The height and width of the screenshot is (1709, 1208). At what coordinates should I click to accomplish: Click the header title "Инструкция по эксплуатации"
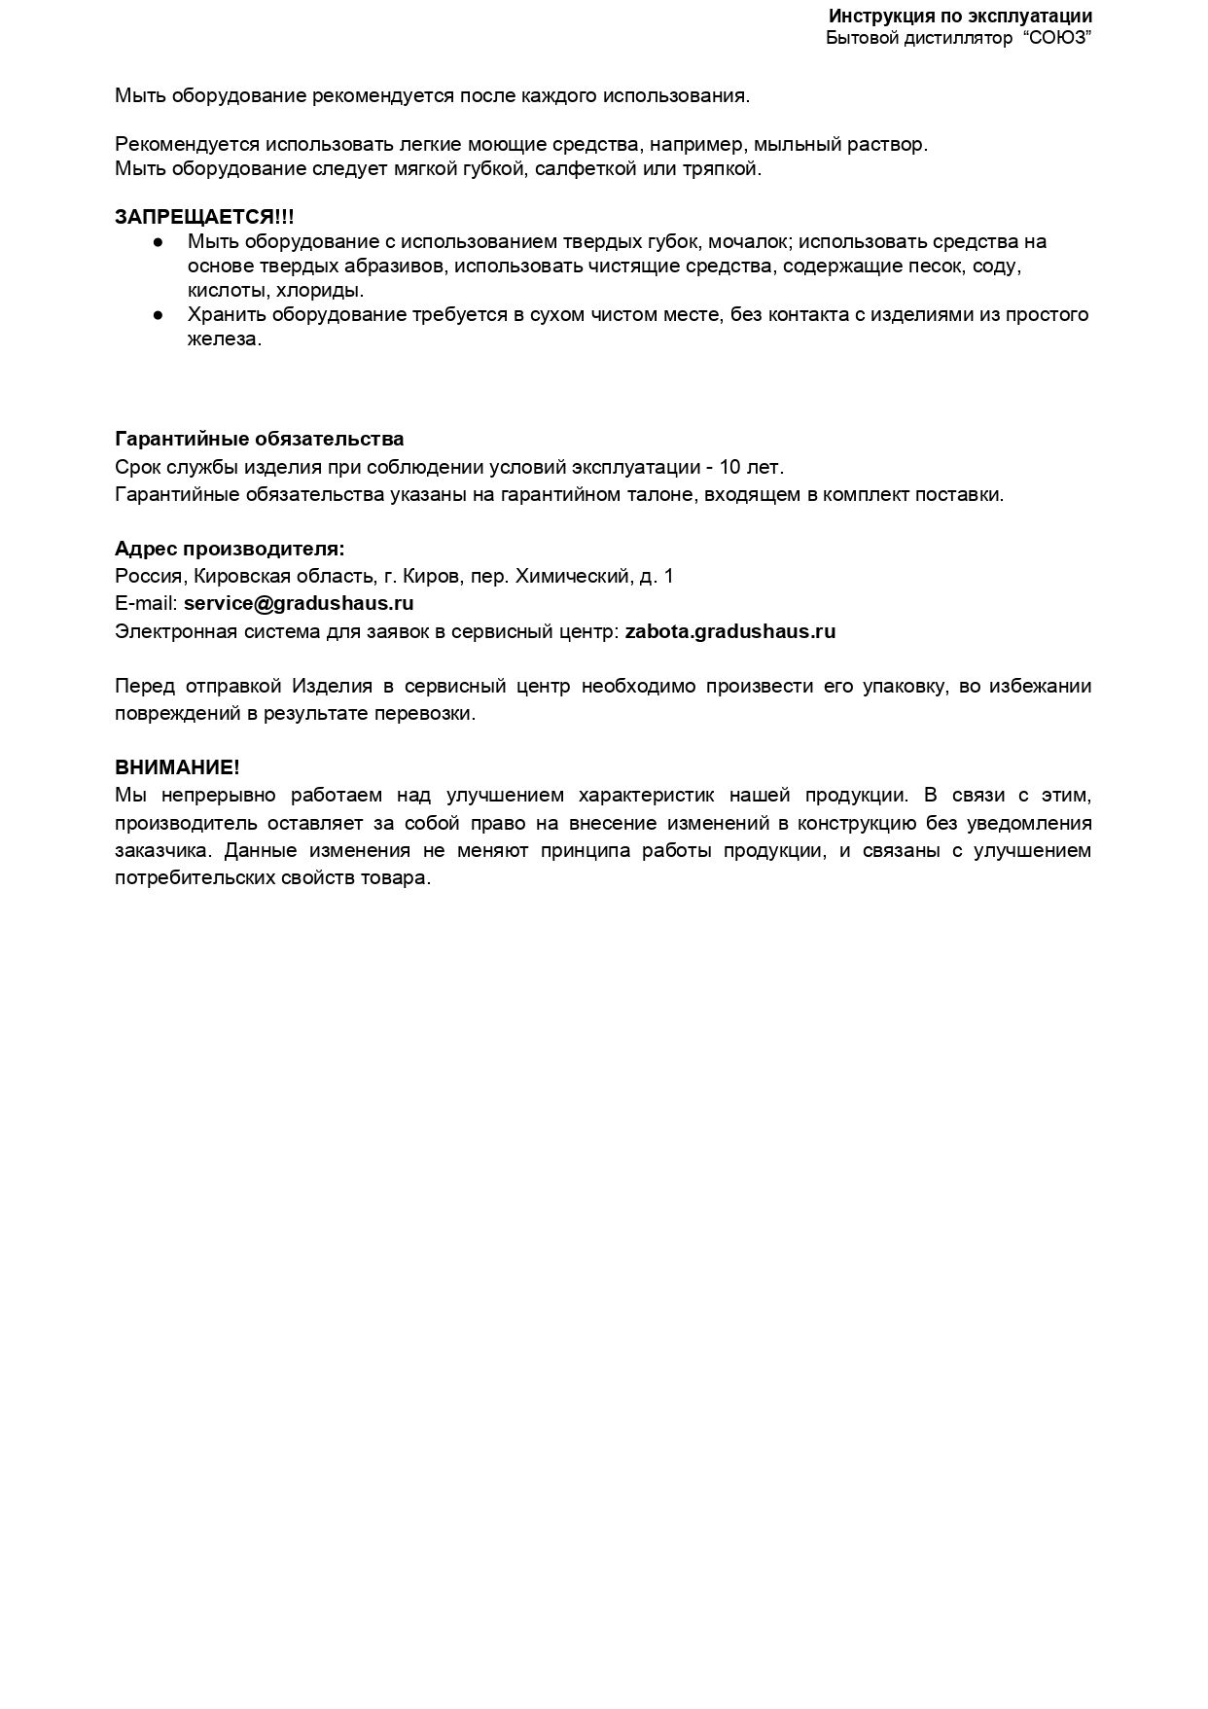pyautogui.click(x=960, y=17)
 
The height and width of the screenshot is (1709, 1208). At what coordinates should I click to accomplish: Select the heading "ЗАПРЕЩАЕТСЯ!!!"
pyautogui.click(x=204, y=217)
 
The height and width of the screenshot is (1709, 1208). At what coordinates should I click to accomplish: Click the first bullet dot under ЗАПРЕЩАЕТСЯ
pyautogui.click(x=158, y=241)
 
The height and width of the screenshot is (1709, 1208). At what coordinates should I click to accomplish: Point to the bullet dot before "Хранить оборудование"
pyautogui.click(x=158, y=315)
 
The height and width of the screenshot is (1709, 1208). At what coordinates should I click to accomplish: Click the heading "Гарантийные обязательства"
pyautogui.click(x=260, y=439)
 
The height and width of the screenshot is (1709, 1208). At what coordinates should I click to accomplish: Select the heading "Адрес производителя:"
pyautogui.click(x=230, y=549)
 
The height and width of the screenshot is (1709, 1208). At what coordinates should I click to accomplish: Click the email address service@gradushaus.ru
pyautogui.click(x=299, y=603)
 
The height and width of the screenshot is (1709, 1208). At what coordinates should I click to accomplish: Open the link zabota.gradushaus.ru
pyautogui.click(x=729, y=631)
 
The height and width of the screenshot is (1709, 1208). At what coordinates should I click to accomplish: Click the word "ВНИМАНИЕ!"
pyautogui.click(x=177, y=767)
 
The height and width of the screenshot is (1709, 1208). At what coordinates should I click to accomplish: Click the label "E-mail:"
pyautogui.click(x=146, y=603)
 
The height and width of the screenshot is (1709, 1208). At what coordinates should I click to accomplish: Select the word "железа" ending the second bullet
pyautogui.click(x=223, y=339)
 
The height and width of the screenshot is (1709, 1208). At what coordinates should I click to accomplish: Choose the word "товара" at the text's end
pyautogui.click(x=400, y=877)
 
